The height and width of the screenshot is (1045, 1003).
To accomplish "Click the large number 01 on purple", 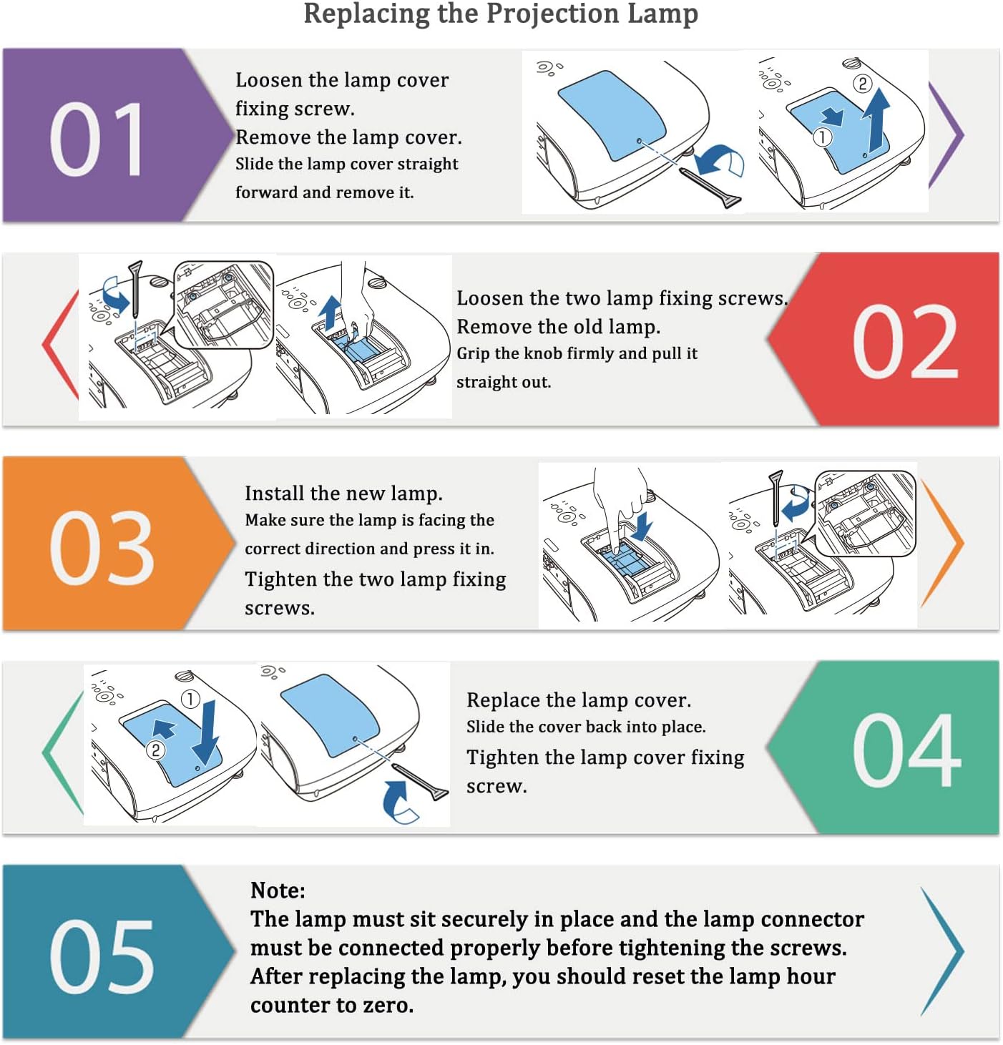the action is [x=97, y=139].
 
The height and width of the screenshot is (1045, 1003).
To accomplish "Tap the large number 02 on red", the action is [x=905, y=341].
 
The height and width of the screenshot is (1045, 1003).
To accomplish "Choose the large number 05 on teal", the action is [x=102, y=956].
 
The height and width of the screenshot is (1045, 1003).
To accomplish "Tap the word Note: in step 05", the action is [x=278, y=891].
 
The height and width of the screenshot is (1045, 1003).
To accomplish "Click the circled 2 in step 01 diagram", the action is [x=862, y=83].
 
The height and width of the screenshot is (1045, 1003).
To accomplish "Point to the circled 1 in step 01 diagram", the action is [x=822, y=137].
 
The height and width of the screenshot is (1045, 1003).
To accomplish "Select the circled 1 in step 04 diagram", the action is [x=190, y=700].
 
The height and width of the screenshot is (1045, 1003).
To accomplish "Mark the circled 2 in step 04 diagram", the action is [x=155, y=750].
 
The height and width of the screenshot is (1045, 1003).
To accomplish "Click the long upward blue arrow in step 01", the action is [x=876, y=120].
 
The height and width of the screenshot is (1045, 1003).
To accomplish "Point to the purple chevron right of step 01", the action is [x=946, y=134].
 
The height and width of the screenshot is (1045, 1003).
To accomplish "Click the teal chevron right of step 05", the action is [x=942, y=951].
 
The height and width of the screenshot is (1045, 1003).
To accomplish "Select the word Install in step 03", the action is [x=274, y=494].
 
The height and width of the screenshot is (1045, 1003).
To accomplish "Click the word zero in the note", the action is [x=388, y=1005].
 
